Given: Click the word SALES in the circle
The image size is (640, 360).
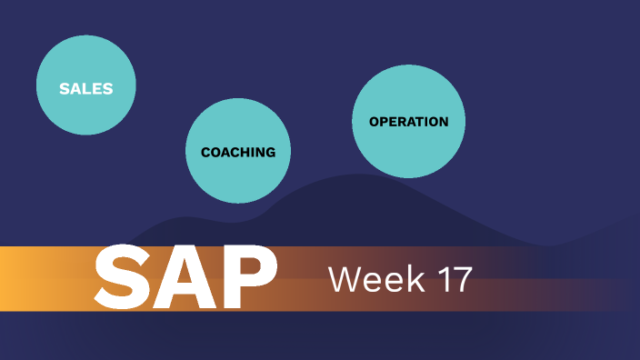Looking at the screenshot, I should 85,89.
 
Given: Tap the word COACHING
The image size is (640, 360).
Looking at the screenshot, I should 238,152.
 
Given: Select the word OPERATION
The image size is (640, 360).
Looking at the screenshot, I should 408,122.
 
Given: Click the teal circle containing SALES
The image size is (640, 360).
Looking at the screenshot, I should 85,68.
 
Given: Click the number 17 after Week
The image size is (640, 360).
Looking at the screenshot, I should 453,280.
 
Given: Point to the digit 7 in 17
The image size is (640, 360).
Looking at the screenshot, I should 462,280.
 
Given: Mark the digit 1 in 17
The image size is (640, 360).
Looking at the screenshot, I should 442,280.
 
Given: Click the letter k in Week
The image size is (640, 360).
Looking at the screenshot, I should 408,280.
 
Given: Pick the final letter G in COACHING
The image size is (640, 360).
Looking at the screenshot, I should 270,152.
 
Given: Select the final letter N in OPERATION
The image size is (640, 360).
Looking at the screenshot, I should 443,122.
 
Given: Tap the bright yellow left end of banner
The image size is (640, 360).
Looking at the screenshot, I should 11,278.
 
